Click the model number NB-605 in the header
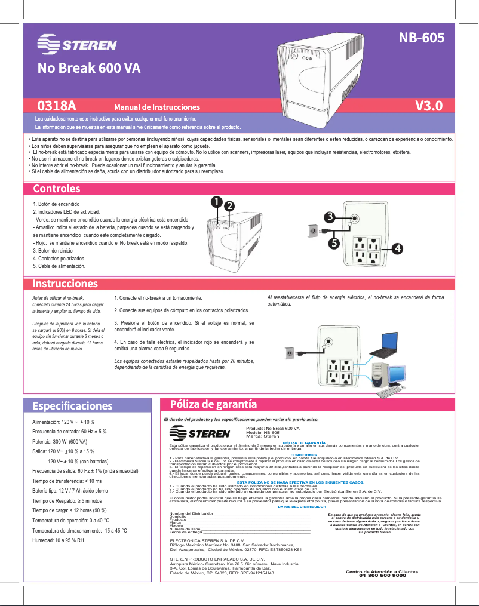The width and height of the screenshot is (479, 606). click(x=422, y=38)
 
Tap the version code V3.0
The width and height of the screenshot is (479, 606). click(x=429, y=106)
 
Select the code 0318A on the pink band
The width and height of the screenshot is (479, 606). click(x=57, y=106)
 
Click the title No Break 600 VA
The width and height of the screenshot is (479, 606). click(x=89, y=67)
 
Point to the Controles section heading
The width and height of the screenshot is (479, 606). click(x=57, y=189)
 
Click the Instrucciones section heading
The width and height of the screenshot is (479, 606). click(x=65, y=282)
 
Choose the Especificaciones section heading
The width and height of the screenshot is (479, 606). click(x=72, y=406)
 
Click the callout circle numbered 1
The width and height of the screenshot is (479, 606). click(x=216, y=201)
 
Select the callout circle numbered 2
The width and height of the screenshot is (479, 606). click(x=229, y=205)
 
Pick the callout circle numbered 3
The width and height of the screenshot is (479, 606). click(x=330, y=216)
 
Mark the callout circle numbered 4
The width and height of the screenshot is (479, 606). click(x=397, y=247)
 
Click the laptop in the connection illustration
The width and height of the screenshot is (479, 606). click(x=383, y=343)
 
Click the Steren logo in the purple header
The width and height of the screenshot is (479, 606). click(x=77, y=45)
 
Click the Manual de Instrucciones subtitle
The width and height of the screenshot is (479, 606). click(x=157, y=107)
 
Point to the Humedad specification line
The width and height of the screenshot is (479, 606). click(x=58, y=540)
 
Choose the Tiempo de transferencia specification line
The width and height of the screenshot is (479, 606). click(x=67, y=481)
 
